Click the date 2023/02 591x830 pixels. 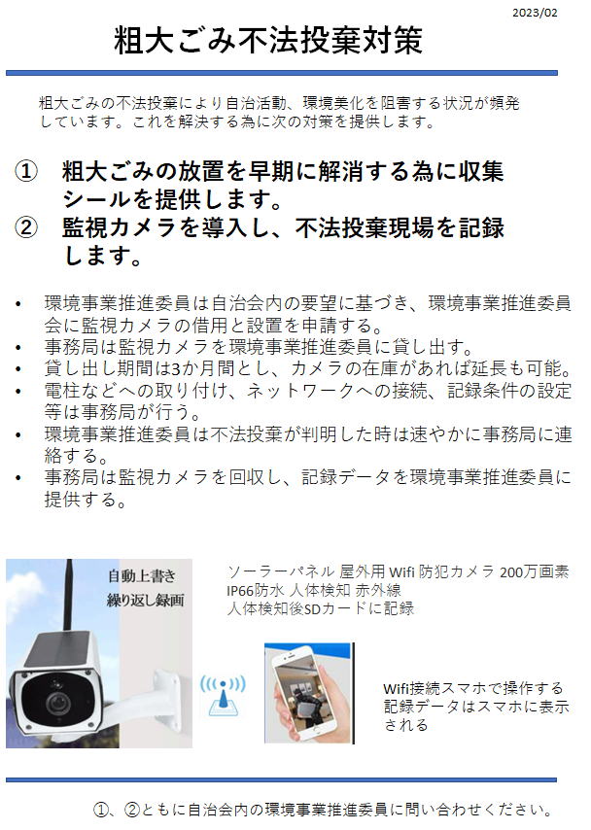[x=535, y=13]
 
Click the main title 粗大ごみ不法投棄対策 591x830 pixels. [x=268, y=40]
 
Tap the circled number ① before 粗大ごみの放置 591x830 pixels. [x=26, y=171]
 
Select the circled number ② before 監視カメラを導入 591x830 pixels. [x=26, y=227]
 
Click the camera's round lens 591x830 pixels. [x=57, y=703]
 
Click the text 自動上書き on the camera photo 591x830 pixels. [x=141, y=576]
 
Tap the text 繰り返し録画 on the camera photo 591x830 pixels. [x=146, y=601]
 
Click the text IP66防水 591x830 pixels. [x=256, y=590]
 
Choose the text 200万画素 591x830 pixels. [x=535, y=571]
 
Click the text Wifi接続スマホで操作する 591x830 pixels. [x=473, y=688]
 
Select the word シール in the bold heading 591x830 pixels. [x=97, y=199]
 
